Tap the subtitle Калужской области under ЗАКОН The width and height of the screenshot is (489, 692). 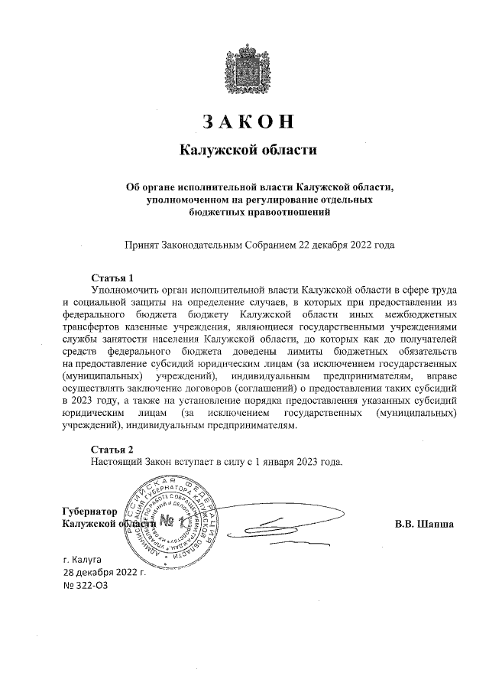(248, 150)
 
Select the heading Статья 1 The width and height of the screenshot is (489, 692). (112, 277)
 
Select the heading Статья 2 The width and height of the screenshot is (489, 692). (112, 449)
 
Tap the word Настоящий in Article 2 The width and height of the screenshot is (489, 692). (116, 462)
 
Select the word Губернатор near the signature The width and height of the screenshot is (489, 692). (89, 510)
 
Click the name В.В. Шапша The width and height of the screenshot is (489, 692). (425, 524)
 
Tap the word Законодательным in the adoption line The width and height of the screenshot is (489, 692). (200, 246)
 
